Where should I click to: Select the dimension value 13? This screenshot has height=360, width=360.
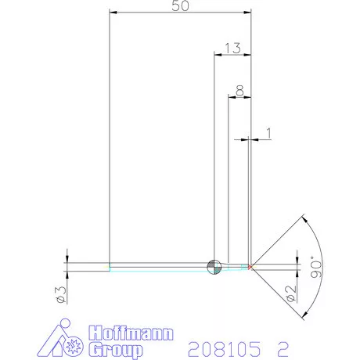(x=232, y=49)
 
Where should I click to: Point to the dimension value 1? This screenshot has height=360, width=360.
(x=268, y=134)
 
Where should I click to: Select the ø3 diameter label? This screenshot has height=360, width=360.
(x=60, y=293)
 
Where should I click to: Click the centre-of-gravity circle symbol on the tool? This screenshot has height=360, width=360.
(x=213, y=267)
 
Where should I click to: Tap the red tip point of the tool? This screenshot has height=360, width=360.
(x=250, y=267)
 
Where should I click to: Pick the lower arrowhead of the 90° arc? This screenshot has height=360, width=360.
(x=301, y=318)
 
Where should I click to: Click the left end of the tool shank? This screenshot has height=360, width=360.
(x=110, y=267)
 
